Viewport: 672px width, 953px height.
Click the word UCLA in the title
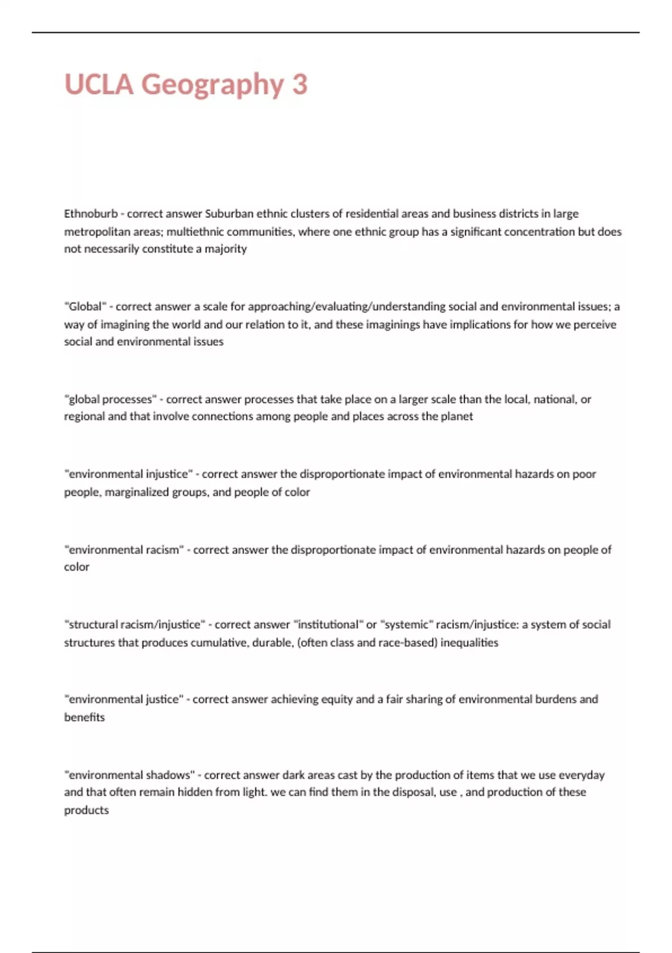coord(99,84)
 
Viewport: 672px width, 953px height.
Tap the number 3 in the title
coord(300,84)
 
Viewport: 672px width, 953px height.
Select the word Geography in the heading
coord(212,85)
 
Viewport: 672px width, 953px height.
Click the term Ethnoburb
coord(91,214)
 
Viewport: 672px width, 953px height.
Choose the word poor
coord(584,474)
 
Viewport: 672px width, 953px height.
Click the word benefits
coord(84,718)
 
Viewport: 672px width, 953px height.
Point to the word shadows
coord(167,775)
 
